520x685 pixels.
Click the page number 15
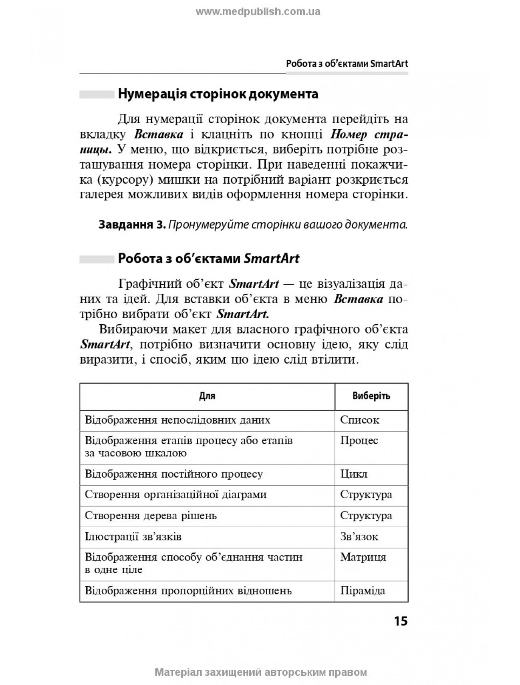(x=400, y=621)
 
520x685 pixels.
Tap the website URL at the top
(x=258, y=12)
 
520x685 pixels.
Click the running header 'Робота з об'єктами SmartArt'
(x=347, y=64)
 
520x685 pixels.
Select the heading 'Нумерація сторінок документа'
(x=218, y=94)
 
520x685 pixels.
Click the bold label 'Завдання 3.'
(x=132, y=225)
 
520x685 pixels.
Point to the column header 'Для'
(x=207, y=396)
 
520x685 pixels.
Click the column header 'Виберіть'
(x=371, y=396)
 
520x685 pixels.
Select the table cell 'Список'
(x=359, y=420)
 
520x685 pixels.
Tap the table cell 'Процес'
(x=359, y=441)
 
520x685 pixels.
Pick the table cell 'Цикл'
(x=354, y=474)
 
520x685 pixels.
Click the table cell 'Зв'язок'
(x=359, y=536)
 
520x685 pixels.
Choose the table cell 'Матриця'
(x=363, y=557)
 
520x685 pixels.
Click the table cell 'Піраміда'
(x=363, y=591)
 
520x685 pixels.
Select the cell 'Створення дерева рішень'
(x=151, y=516)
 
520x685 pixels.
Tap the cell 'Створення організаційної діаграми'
(x=175, y=495)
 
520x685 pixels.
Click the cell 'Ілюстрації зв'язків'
(x=133, y=536)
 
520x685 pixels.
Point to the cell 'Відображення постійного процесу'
(x=174, y=474)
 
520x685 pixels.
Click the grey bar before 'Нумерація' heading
(x=97, y=95)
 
